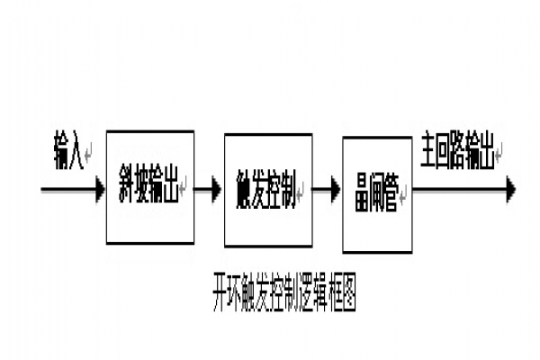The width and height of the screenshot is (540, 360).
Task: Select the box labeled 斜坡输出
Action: point(149,187)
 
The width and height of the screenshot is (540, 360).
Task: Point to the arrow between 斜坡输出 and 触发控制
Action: point(208,189)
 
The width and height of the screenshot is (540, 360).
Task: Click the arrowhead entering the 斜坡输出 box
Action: point(98,189)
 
